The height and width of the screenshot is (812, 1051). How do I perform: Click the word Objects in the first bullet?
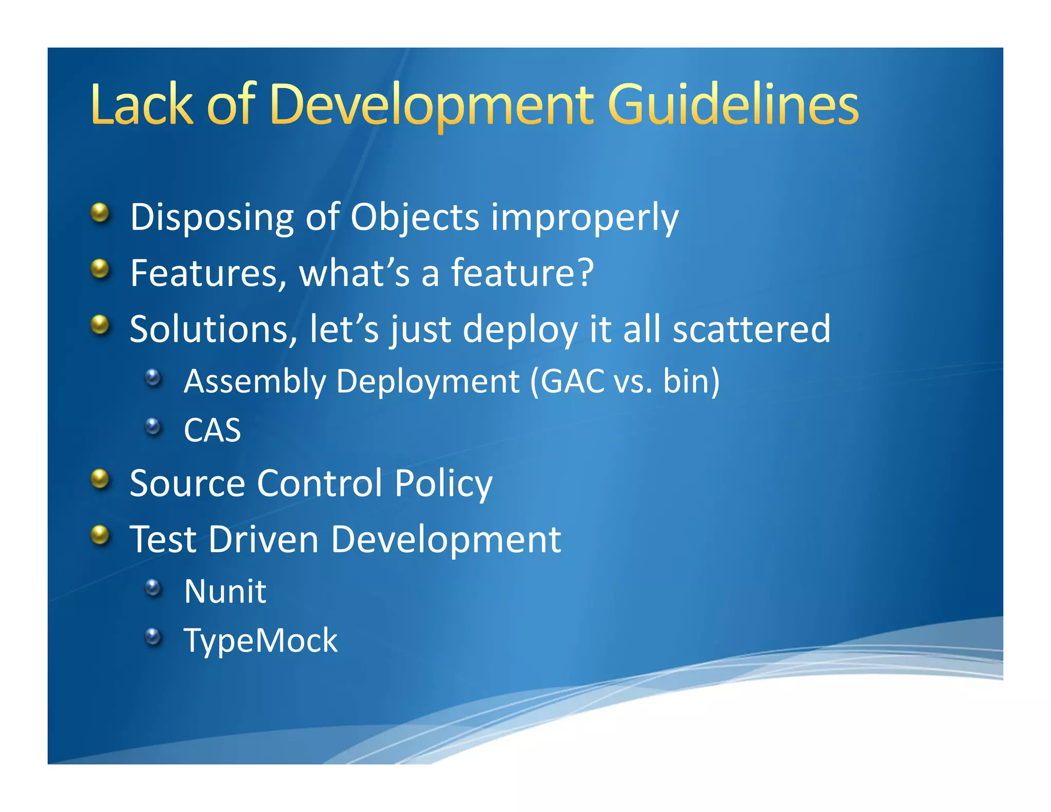point(415,217)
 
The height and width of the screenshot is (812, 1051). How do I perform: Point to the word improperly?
point(585,218)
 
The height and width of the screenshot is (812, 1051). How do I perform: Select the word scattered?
point(751,329)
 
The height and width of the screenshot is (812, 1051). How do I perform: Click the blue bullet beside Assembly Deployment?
point(153,378)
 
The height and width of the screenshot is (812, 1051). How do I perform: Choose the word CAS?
point(212,430)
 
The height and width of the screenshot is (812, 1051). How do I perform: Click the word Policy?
point(443,484)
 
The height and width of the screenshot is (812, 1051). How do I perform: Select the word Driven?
point(263,539)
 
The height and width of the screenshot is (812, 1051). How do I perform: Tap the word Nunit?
point(225,591)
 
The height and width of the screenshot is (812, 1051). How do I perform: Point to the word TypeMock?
point(261,641)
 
